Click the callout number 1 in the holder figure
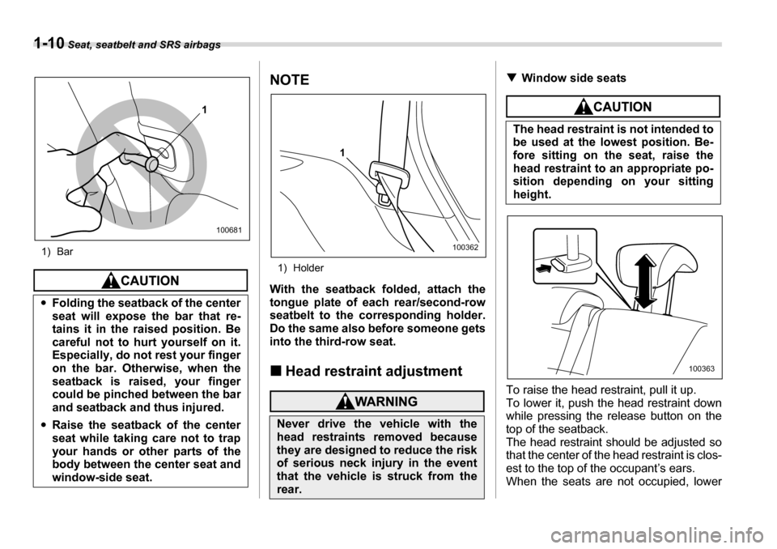click(343, 152)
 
